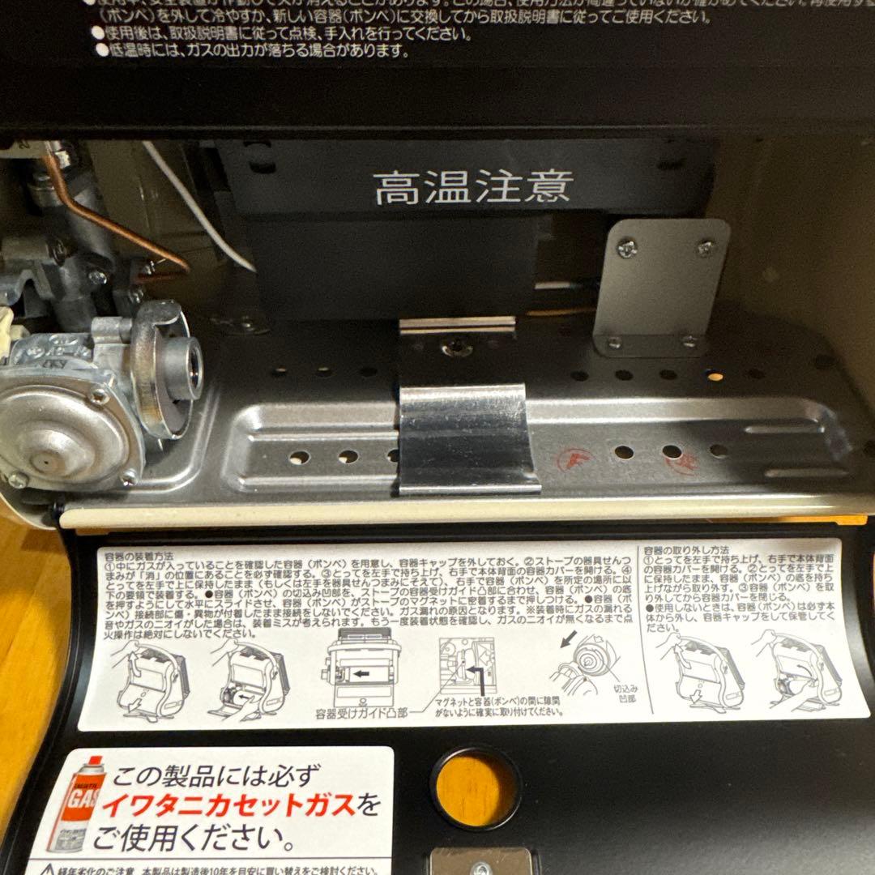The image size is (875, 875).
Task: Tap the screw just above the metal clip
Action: click(455, 348)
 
